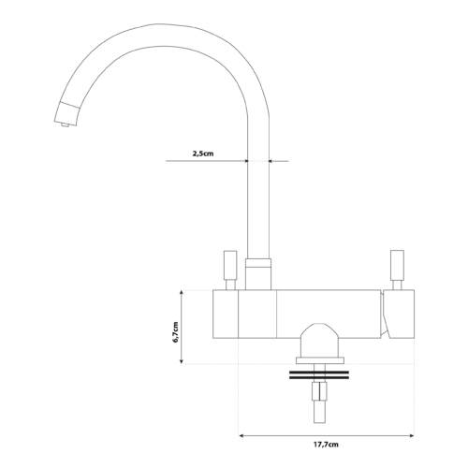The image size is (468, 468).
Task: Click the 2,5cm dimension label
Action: click(203, 154)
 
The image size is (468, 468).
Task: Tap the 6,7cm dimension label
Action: click(175, 332)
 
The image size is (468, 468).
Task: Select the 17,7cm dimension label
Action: click(326, 445)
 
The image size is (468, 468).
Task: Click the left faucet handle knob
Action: click(230, 265)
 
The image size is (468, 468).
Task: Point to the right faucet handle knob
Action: click(397, 265)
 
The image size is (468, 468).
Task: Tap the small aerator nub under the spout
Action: click(66, 125)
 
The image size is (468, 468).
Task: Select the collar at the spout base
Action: click(258, 274)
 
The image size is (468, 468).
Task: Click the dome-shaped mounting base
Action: click(319, 341)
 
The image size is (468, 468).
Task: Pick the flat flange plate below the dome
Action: click(320, 360)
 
